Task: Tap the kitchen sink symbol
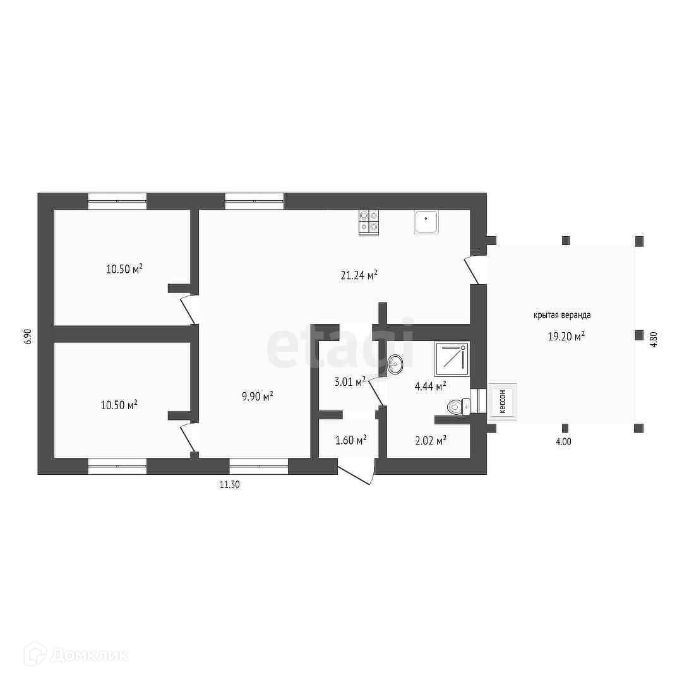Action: [x=426, y=222]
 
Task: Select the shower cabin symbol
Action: [x=452, y=359]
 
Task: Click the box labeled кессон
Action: [x=503, y=402]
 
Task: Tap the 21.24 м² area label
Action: [x=359, y=275]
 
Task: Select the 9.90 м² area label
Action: [x=258, y=396]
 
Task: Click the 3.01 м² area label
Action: [x=350, y=382]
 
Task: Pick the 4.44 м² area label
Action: [x=431, y=386]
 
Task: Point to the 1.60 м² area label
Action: [x=350, y=440]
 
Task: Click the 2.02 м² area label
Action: [x=431, y=441]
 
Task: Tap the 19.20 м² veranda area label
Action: [x=566, y=336]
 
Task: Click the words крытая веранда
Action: [x=563, y=315]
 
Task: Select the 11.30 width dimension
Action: [x=230, y=484]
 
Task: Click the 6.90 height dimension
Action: [x=28, y=337]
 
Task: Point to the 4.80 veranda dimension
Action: [x=654, y=339]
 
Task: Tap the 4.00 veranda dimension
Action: [x=563, y=442]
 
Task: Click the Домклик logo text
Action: [x=89, y=655]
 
